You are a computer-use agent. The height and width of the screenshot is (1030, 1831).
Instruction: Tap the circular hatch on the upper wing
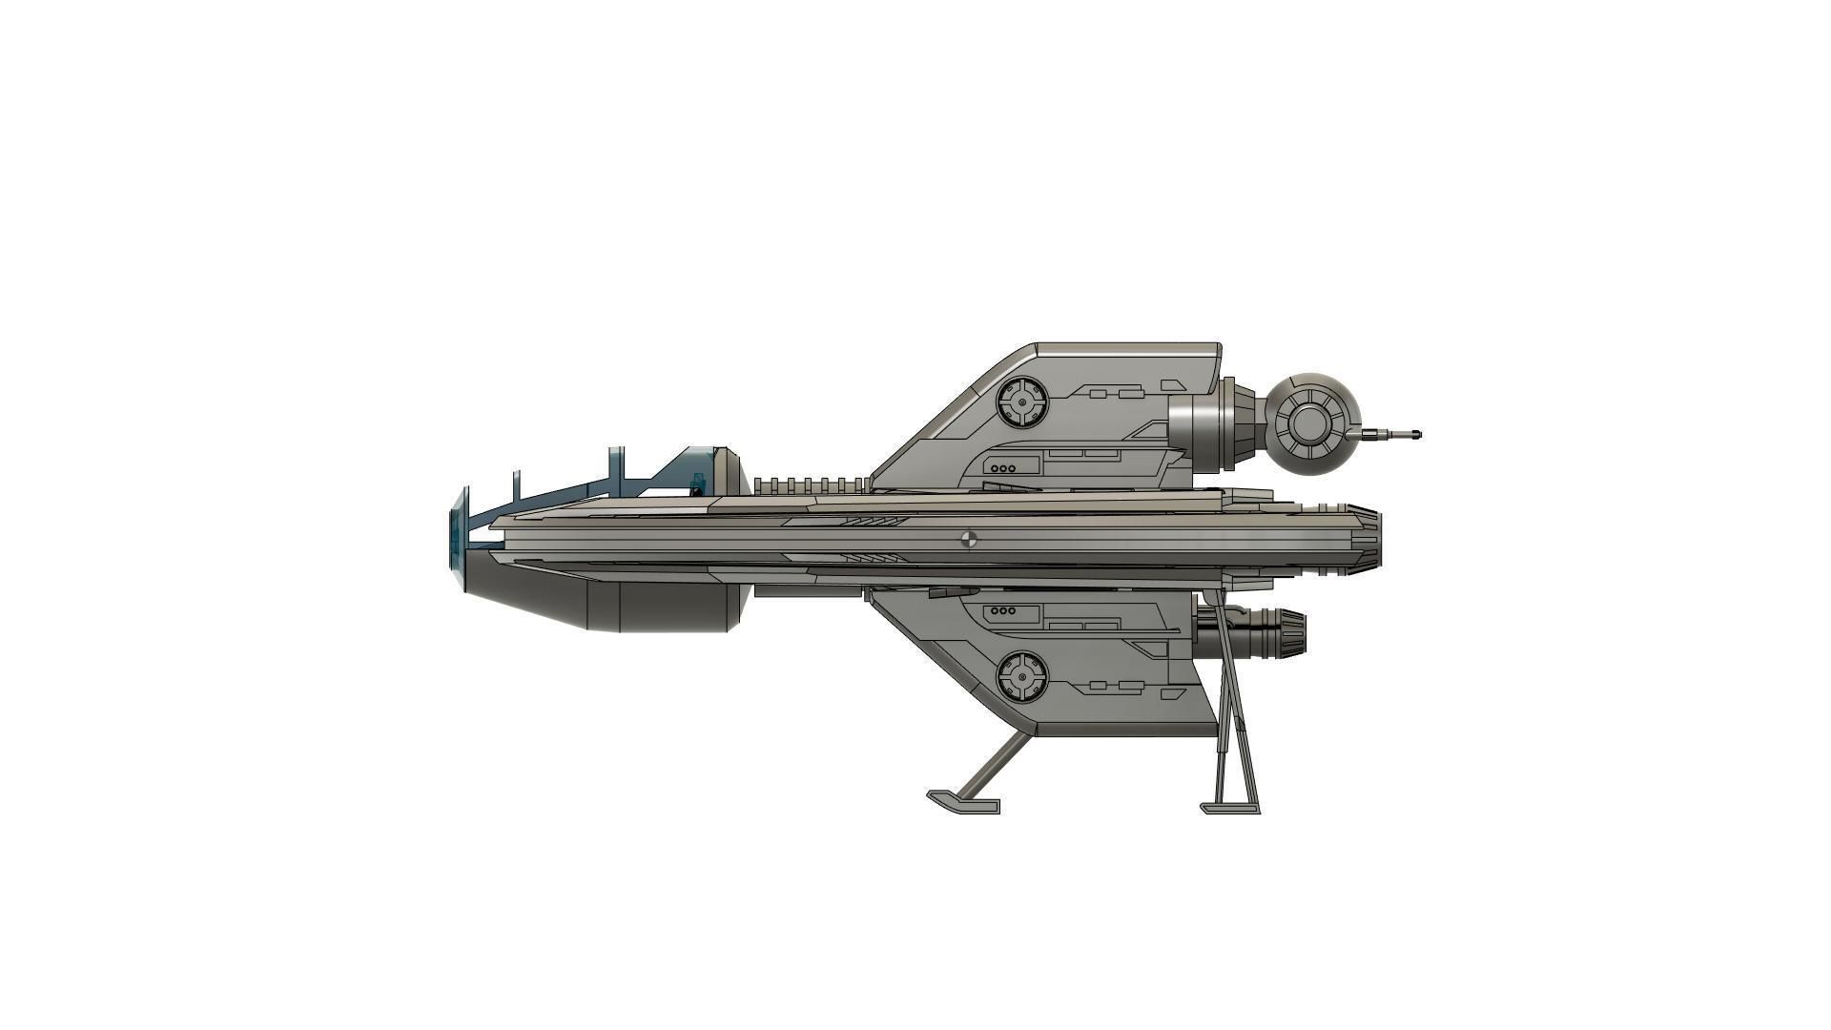click(1021, 402)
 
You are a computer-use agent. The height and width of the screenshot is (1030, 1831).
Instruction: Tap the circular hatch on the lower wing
click(1021, 676)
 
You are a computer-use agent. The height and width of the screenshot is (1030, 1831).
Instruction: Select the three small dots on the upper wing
click(1002, 468)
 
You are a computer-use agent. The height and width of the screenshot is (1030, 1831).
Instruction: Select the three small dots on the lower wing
click(1002, 610)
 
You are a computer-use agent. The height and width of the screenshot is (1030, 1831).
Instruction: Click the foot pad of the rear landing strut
click(1230, 809)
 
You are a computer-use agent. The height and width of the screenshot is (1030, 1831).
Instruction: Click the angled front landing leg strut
click(992, 766)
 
